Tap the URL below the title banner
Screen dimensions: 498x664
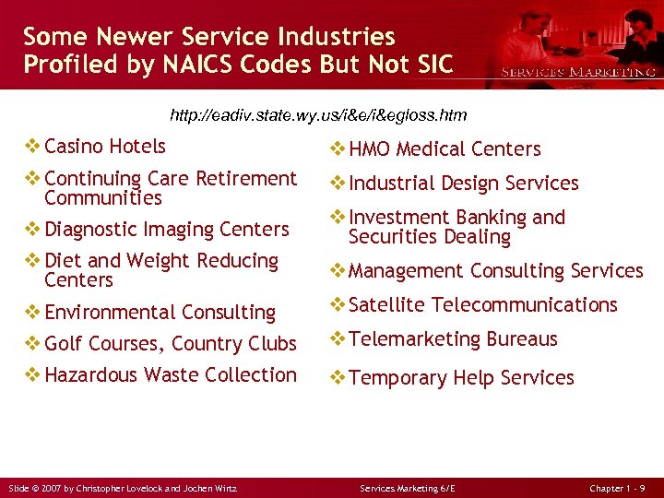[x=319, y=115]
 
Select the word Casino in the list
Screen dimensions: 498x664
[x=74, y=146]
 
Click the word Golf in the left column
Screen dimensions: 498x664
[x=64, y=344]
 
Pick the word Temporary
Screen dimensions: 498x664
[x=397, y=378]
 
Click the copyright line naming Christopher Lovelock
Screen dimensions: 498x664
[x=123, y=488]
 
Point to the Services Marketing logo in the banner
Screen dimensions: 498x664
[x=577, y=72]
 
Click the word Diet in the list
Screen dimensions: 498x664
[x=65, y=261]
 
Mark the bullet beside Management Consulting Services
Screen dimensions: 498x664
[x=338, y=271]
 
